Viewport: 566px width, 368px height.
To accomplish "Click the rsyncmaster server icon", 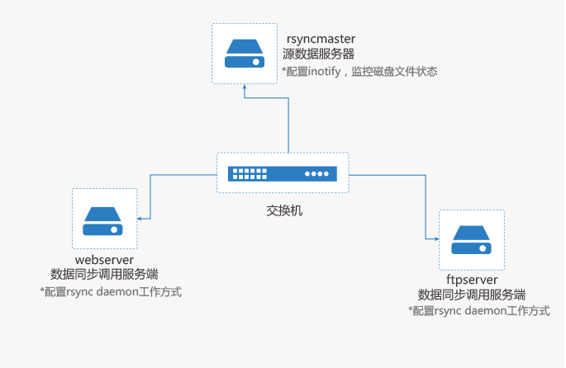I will click(x=245, y=53).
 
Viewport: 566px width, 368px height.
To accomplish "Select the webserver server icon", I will click(x=103, y=218).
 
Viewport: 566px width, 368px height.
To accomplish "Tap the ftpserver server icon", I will click(x=472, y=239).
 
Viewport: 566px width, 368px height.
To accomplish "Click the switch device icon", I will click(x=283, y=173).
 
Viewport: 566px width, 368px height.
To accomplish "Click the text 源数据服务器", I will click(x=318, y=55).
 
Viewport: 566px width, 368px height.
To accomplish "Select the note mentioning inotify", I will click(x=359, y=72).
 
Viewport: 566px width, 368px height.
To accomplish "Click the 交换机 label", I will click(x=283, y=210).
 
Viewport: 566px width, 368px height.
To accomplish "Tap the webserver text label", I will click(x=103, y=261).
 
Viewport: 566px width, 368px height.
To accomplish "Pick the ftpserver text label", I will click(x=472, y=280).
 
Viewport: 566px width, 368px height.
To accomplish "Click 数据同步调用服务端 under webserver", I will click(x=104, y=275).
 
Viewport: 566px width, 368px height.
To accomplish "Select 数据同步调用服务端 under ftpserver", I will click(x=472, y=295).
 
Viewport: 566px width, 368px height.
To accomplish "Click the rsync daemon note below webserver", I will click(x=111, y=292).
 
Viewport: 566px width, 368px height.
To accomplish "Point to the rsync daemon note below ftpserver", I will click(x=479, y=311).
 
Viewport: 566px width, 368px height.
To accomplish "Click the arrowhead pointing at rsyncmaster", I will click(x=245, y=93).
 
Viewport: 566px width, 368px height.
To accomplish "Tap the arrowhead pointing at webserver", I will click(x=140, y=218).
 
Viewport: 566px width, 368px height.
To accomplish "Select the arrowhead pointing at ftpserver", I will click(x=435, y=238).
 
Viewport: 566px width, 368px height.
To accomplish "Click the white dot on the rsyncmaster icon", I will click(x=256, y=62).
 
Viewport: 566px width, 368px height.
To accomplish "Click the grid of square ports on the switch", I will click(x=250, y=173).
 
